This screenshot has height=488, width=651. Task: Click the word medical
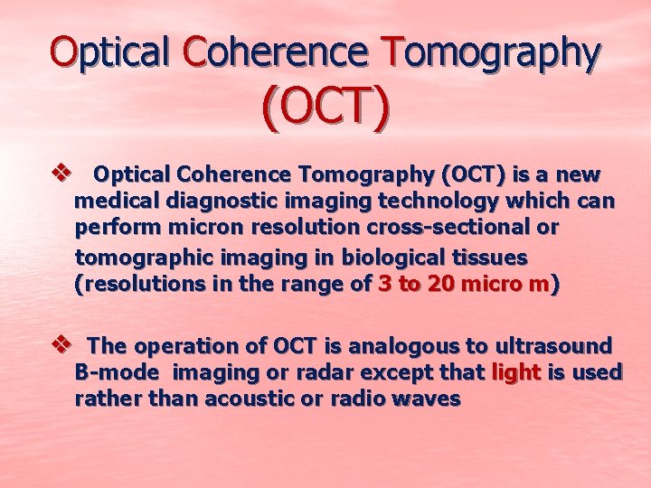click(x=111, y=201)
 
